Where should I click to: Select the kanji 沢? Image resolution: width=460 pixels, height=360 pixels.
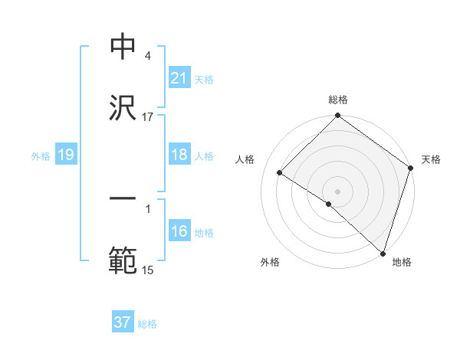click(x=123, y=109)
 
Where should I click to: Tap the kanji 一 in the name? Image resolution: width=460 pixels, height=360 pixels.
click(x=123, y=198)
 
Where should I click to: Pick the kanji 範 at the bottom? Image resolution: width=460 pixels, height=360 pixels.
click(x=123, y=260)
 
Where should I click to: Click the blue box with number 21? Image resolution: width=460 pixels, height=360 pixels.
click(x=179, y=78)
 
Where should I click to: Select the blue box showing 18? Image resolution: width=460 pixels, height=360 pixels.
click(x=179, y=155)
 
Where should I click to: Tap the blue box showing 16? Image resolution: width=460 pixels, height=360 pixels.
click(x=179, y=231)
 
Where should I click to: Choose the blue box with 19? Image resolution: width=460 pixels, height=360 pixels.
click(x=65, y=155)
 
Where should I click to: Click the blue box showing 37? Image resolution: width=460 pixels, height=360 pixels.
click(x=122, y=322)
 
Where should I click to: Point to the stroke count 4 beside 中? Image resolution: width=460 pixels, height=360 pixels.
click(x=147, y=56)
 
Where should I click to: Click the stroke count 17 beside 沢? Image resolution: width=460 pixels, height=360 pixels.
click(x=148, y=116)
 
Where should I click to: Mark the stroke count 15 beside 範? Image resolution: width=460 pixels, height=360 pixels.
click(x=148, y=270)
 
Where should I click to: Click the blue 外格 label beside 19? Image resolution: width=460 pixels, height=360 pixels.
click(x=41, y=156)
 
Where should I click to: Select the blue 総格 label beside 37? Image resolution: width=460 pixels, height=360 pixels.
click(x=147, y=324)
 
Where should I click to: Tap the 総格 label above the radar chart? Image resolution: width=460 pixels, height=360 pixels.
click(x=338, y=100)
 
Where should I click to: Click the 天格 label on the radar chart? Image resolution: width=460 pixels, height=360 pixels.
click(x=432, y=159)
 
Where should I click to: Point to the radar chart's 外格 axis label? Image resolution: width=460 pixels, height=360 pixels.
click(x=270, y=262)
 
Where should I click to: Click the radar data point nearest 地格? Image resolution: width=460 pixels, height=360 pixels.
click(x=382, y=252)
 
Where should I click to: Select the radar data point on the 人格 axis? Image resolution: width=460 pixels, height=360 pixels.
click(x=281, y=173)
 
